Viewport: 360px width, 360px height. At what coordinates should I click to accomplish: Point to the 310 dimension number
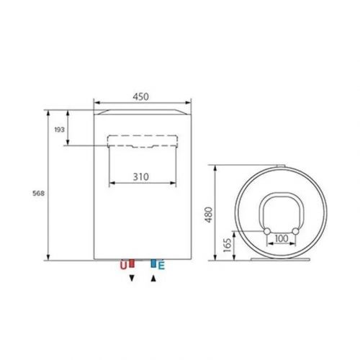pos(143,176)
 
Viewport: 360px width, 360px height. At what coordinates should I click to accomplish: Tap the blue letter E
pos(161,266)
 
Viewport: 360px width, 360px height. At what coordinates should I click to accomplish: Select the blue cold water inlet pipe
pos(153,263)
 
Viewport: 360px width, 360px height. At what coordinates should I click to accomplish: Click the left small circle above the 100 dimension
pos(266,230)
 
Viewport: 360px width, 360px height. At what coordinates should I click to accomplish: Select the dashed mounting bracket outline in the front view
pos(142,141)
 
